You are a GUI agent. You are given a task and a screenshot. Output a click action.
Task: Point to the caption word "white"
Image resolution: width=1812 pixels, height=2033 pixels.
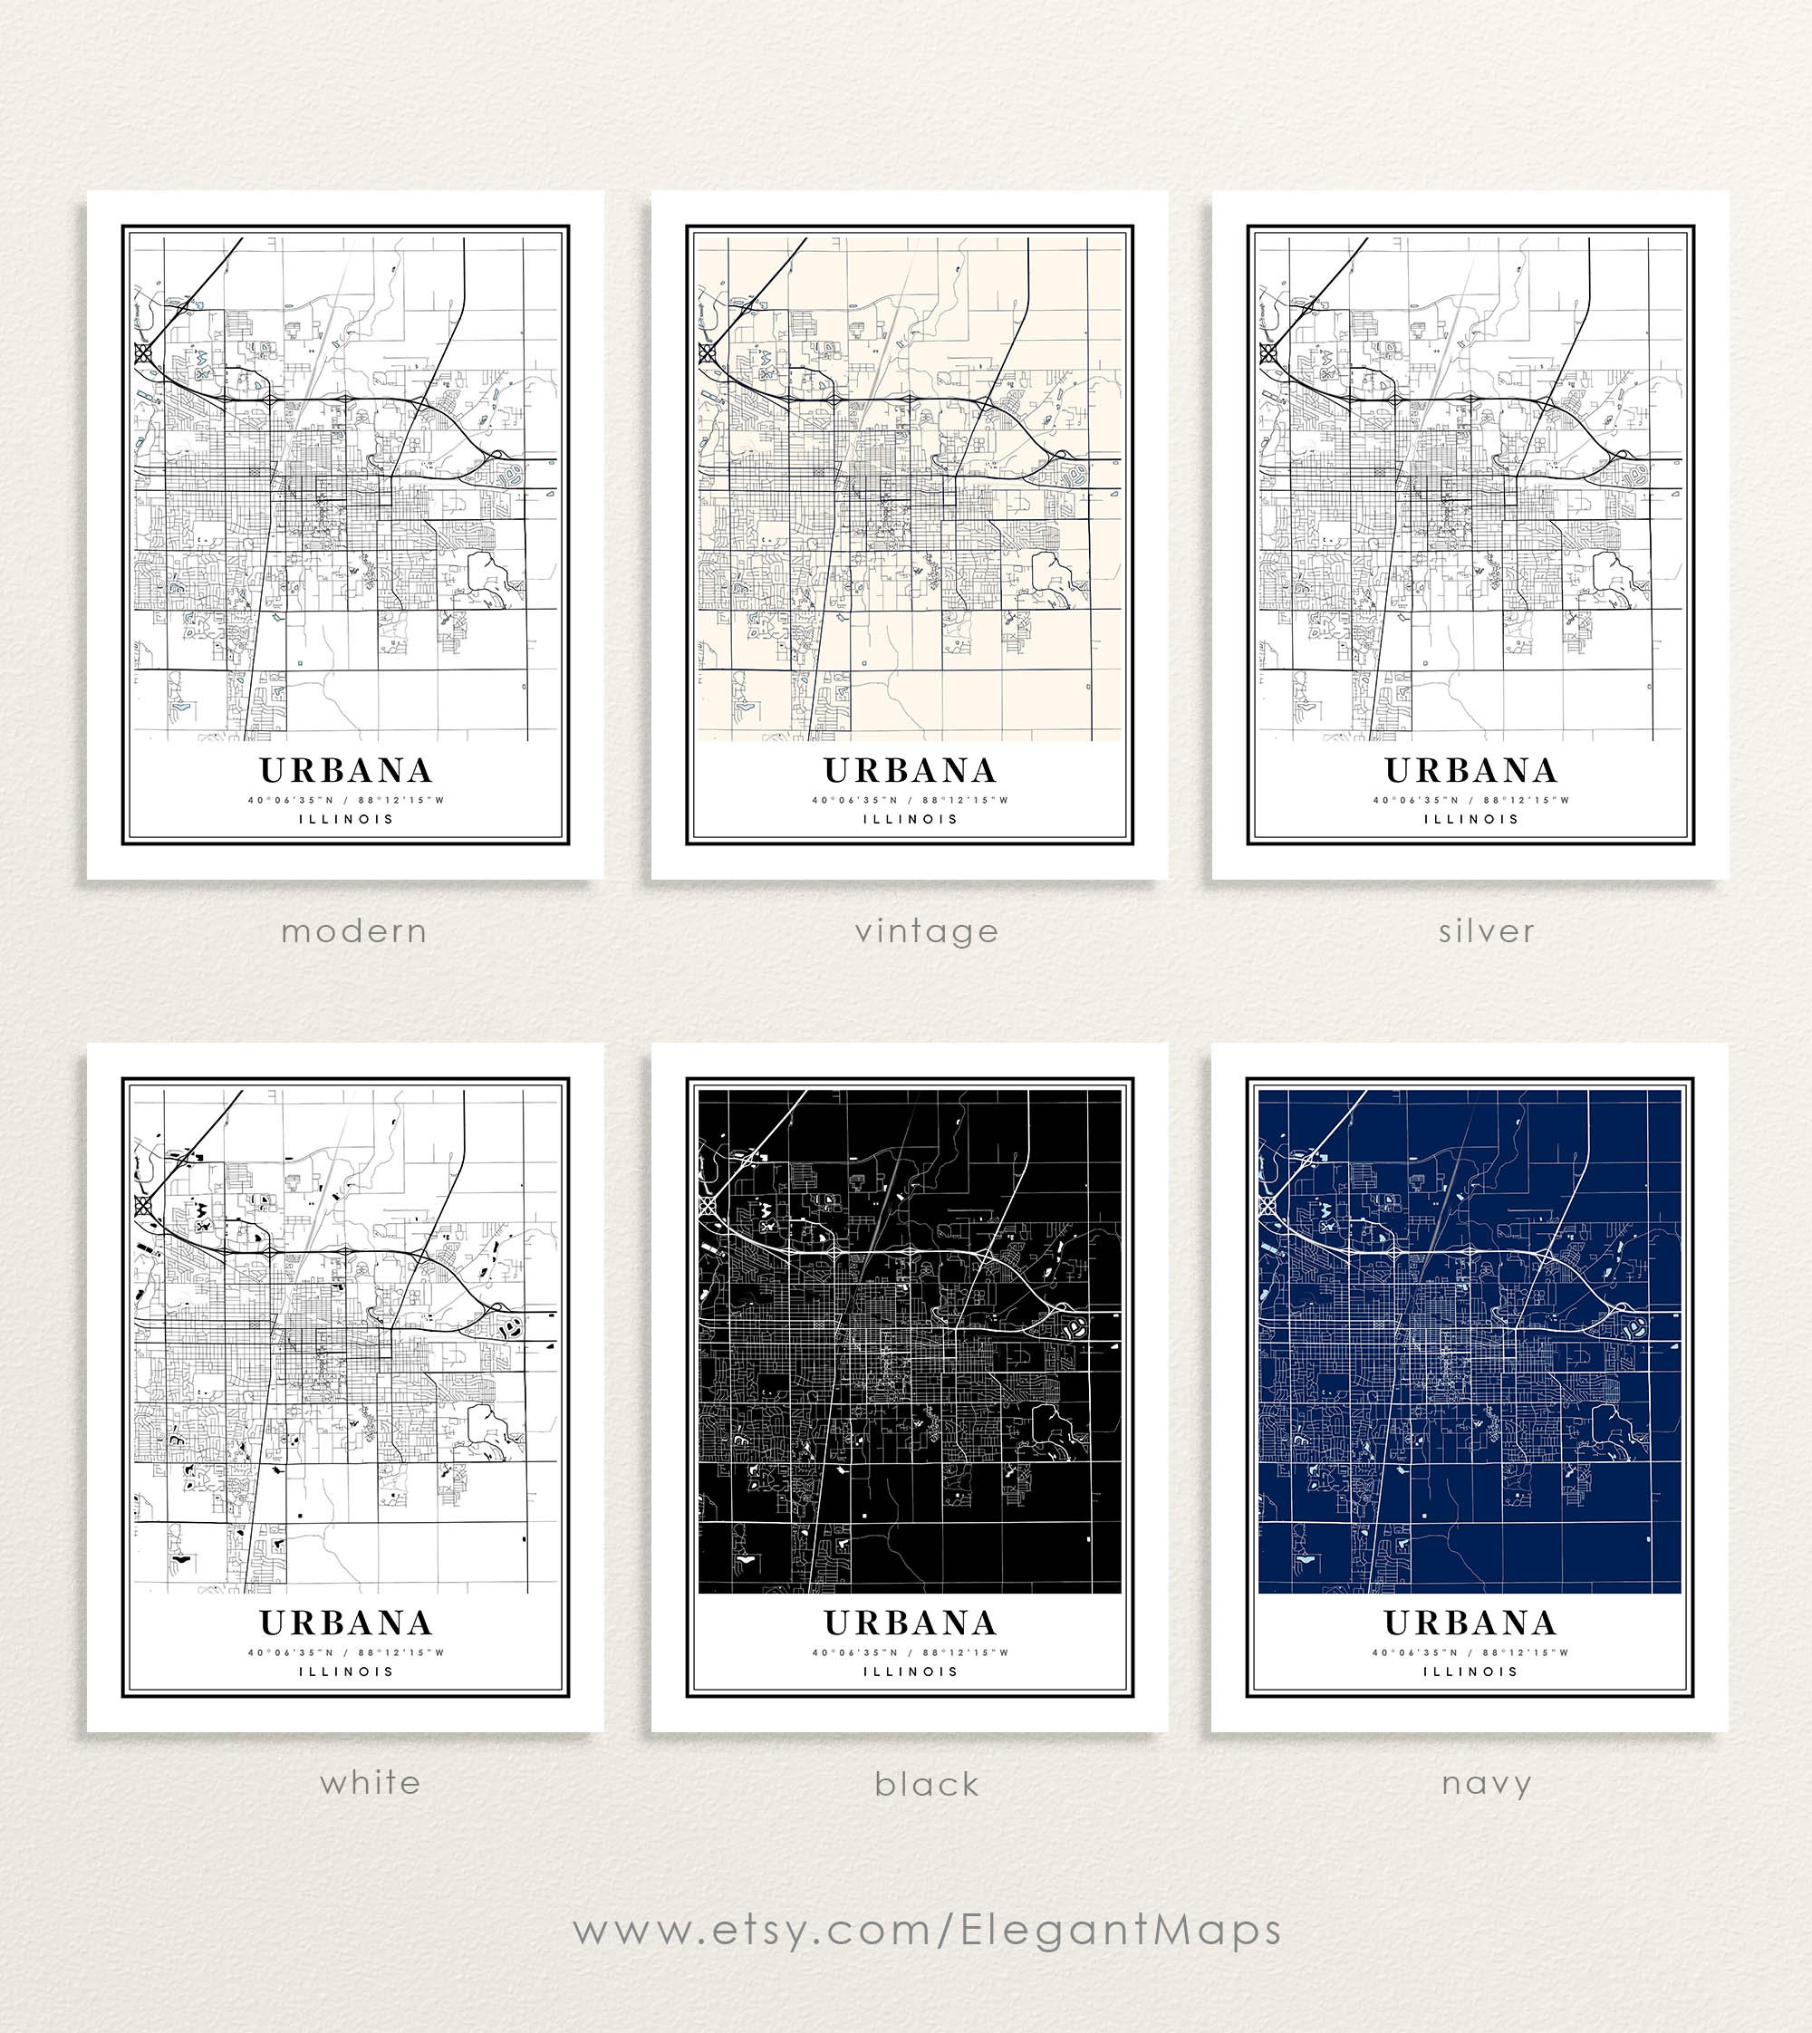coord(371,1782)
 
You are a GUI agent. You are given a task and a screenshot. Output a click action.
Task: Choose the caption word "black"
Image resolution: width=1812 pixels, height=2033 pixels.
coord(926,1784)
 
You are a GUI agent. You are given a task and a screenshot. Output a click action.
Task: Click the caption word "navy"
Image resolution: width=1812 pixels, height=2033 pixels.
coord(1486,1783)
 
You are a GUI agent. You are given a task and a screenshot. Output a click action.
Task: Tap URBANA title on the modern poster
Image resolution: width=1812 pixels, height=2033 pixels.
coord(345,771)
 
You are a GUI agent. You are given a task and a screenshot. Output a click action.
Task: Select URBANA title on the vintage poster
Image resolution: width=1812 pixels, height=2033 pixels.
coord(910,771)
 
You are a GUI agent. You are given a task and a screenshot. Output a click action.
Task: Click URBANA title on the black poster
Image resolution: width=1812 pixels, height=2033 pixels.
coord(910,1623)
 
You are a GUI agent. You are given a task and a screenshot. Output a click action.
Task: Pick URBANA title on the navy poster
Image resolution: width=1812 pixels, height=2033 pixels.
coord(1470,1623)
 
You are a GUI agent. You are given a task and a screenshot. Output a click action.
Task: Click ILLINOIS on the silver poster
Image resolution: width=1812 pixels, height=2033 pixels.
coord(1470,819)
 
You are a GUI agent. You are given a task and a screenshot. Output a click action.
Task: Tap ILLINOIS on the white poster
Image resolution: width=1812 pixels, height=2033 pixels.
coord(345,1672)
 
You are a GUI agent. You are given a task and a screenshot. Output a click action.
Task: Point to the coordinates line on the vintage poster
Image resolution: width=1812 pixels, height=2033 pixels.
coord(910,799)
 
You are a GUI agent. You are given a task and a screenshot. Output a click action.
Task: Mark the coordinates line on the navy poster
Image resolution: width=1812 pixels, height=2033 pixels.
coord(1470,1652)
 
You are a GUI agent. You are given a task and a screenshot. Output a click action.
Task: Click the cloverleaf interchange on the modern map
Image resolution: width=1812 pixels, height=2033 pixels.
coord(143,352)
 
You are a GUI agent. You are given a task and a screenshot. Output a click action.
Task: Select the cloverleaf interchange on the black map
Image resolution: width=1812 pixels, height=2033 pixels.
coord(708,1205)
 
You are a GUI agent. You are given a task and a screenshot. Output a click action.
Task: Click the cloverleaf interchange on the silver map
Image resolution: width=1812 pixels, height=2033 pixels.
coord(1268,352)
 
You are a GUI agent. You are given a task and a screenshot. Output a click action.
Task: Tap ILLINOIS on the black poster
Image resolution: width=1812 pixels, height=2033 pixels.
coord(910,1672)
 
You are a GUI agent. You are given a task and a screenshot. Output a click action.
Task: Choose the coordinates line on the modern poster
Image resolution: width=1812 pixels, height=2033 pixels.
coord(345,799)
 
